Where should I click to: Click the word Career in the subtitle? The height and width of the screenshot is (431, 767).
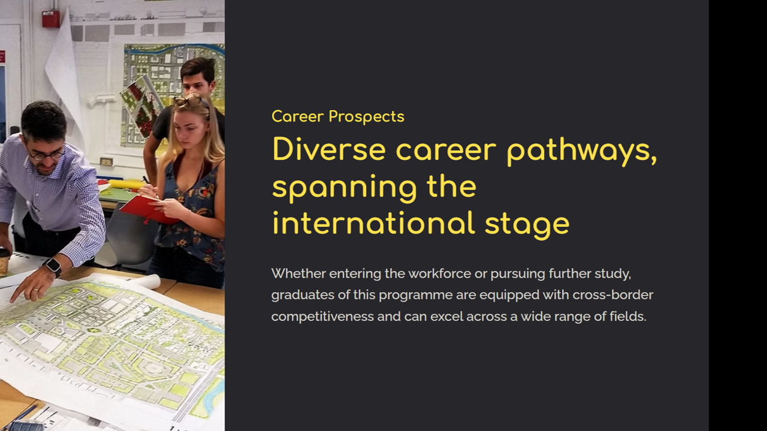[x=298, y=116]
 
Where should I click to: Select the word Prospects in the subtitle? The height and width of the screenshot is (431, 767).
[x=366, y=117]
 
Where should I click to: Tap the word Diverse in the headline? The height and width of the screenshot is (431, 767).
[x=329, y=149]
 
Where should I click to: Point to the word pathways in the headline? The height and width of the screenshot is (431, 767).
[x=581, y=151]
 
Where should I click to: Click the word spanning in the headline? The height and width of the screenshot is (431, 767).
[x=345, y=189]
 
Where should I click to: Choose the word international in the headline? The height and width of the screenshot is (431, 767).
[x=373, y=223]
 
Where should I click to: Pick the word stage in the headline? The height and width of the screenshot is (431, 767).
[x=527, y=226]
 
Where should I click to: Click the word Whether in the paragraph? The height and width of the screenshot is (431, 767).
[x=298, y=274]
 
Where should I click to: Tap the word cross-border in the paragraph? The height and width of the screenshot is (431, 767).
[x=612, y=295]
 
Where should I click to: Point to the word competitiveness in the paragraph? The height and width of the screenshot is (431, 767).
[x=322, y=317]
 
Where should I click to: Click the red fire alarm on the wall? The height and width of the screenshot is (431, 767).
[x=51, y=19]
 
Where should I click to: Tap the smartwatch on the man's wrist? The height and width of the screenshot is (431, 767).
[x=53, y=266]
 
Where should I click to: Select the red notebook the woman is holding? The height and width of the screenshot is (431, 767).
[x=148, y=209]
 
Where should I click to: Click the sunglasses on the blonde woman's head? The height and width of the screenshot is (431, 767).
[x=189, y=101]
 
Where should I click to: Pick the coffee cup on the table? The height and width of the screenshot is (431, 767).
[x=4, y=262]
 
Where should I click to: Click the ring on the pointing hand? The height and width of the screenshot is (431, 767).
[x=35, y=290]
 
